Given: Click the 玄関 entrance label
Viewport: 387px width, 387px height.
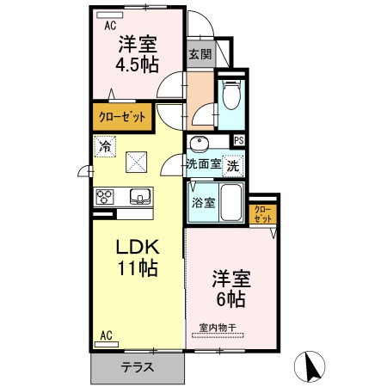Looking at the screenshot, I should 200,54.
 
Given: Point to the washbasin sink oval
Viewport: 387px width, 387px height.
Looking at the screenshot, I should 200,143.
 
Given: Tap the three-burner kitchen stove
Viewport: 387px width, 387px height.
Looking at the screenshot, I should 105,198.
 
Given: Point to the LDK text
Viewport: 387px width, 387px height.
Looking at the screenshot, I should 138,248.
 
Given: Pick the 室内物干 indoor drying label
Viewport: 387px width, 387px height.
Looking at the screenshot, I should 219,327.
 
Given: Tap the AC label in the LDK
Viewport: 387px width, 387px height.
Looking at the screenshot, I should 107,335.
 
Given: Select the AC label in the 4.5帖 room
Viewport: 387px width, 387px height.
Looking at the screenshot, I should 109,25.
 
